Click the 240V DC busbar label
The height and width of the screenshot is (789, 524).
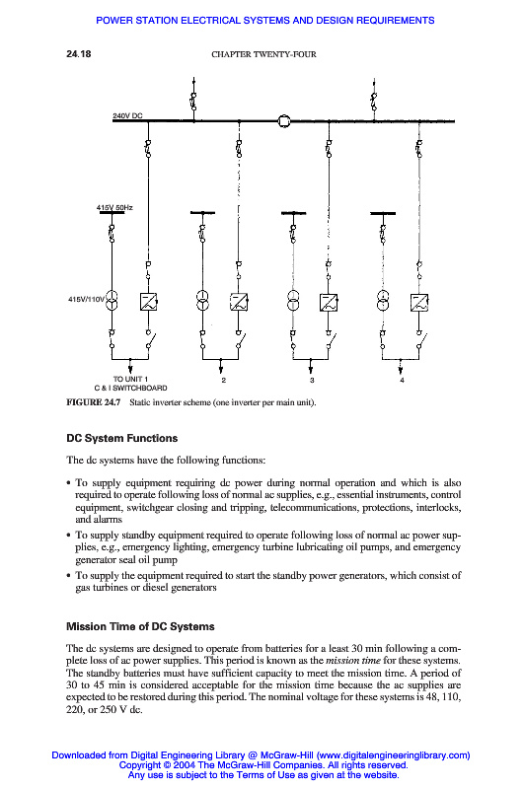(x=127, y=115)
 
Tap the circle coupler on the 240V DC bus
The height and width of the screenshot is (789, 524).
(x=284, y=120)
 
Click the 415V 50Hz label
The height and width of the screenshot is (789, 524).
(x=114, y=207)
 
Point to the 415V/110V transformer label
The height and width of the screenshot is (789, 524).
(x=86, y=299)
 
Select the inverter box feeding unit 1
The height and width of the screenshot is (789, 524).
(x=148, y=302)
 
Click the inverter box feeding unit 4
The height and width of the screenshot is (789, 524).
(x=419, y=302)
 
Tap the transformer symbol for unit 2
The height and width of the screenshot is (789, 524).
(x=202, y=301)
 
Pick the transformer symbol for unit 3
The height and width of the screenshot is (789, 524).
(x=293, y=301)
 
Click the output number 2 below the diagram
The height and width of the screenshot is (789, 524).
(x=223, y=380)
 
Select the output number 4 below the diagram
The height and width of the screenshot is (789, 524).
(x=402, y=380)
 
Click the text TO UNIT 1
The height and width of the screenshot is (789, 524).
(x=130, y=379)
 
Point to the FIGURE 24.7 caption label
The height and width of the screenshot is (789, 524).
(x=93, y=402)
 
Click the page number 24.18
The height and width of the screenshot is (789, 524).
(x=79, y=54)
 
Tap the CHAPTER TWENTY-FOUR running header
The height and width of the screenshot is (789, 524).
(x=263, y=54)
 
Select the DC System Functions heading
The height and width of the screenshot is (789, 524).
(x=121, y=438)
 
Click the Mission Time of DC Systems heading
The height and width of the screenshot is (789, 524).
(x=140, y=626)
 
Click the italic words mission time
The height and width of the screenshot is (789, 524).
(x=353, y=660)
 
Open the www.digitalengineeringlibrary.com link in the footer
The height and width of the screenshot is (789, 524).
(x=393, y=754)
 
